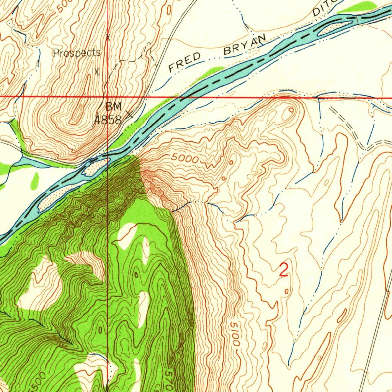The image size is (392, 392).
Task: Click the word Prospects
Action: pos(77,53)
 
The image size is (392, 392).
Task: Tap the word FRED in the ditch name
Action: pos(185,62)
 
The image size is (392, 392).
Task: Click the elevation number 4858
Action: pos(108,120)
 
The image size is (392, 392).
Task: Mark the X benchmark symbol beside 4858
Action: pos(130,114)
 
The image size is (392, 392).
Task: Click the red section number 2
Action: pos(283,270)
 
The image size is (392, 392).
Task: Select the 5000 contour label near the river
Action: pos(185,158)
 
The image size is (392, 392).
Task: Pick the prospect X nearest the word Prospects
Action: pos(97,71)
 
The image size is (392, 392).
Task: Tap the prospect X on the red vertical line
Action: pos(108,38)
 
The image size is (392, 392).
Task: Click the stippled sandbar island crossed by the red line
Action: pos(95,167)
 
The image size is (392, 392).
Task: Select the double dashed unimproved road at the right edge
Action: pos(379,142)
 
